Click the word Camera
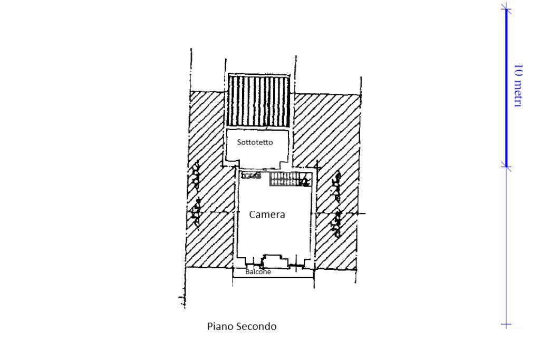267,215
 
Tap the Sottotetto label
255,142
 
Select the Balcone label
258,272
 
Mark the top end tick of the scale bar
506,7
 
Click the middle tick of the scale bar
506,167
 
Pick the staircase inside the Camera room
289,179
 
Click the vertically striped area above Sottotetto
258,101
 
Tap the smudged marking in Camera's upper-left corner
252,177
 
